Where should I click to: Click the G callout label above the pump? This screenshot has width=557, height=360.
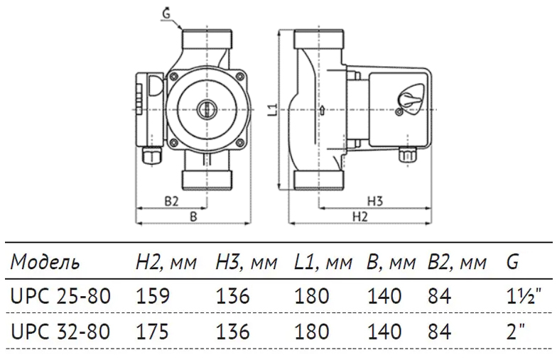166,11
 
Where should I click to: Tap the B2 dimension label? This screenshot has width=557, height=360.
171,202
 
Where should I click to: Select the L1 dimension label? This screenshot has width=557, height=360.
275,110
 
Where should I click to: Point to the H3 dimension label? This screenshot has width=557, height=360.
377,202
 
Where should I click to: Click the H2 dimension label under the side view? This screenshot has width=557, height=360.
361,217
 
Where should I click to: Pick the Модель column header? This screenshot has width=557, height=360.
45,263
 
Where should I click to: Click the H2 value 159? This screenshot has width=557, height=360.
153,296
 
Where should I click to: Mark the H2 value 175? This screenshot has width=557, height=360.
153,331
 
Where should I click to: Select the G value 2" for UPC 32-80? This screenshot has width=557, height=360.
516,331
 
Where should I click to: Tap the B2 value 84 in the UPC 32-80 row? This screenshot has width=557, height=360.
440,331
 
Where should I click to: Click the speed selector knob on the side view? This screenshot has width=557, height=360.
409,99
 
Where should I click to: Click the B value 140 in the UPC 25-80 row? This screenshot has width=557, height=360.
384,296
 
